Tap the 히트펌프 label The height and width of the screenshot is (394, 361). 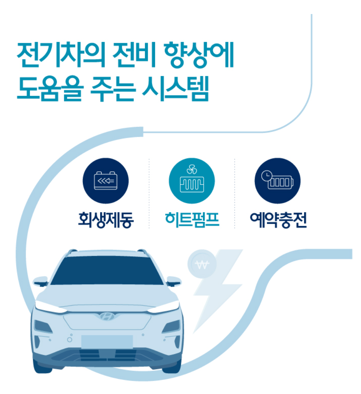(192, 220)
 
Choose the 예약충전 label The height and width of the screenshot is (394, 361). (278, 220)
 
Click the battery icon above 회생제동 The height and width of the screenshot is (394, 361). (106, 181)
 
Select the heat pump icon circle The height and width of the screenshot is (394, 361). (192, 181)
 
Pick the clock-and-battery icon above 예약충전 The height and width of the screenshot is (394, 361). (278, 181)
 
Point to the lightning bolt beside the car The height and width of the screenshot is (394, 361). (218, 288)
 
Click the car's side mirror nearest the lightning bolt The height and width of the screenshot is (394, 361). (173, 281)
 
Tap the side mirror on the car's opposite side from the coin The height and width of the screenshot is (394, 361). (41, 281)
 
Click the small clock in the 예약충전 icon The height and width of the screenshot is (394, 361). (267, 175)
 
